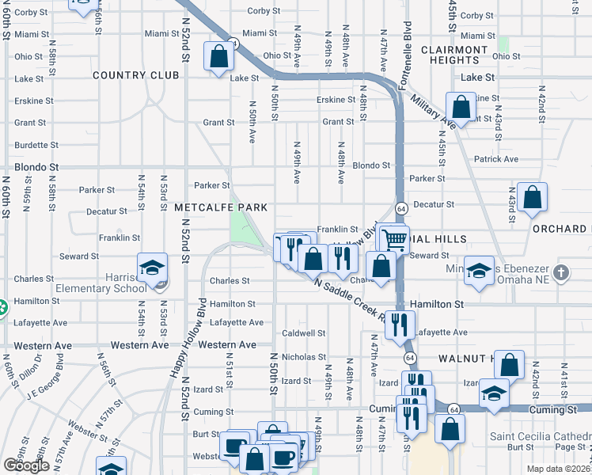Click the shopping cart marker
[394, 238]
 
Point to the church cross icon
[561, 273]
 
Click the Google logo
[26, 465]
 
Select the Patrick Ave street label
[496, 160]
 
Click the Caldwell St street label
[304, 333]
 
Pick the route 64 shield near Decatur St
[402, 208]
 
